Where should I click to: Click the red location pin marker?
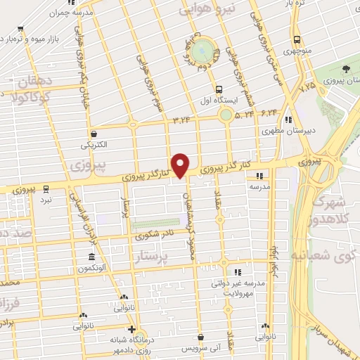point(181,165)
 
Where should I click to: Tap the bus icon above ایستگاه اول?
point(219,89)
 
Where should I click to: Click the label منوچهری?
point(297,51)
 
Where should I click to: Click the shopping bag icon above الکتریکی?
point(94,133)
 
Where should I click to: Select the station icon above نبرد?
point(46,188)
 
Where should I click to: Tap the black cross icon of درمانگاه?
point(131,329)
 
